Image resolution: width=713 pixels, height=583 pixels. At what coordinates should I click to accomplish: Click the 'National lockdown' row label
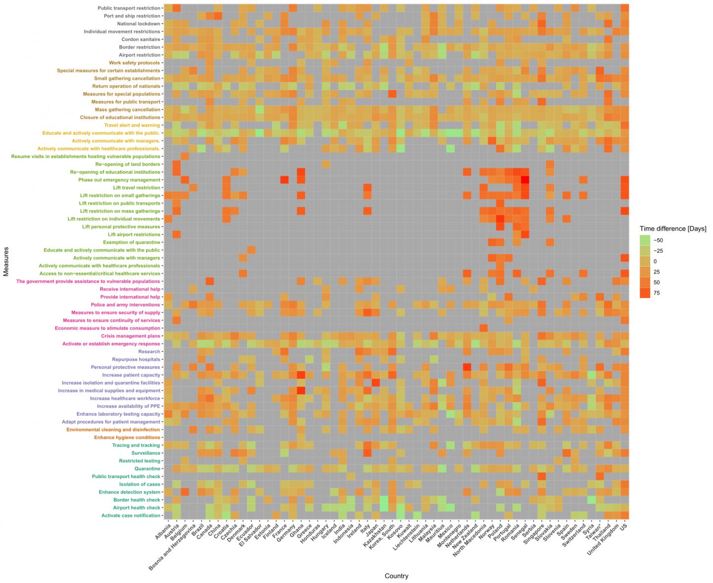click(x=138, y=24)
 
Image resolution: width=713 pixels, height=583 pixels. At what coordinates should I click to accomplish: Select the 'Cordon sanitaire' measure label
click(x=141, y=39)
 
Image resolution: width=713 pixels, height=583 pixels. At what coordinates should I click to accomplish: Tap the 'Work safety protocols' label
click(x=134, y=63)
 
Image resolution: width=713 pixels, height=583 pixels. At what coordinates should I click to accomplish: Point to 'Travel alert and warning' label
click(x=132, y=125)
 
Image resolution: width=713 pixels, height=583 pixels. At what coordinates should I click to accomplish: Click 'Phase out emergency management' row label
click(x=119, y=180)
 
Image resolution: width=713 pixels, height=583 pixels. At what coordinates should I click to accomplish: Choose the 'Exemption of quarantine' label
click(x=131, y=242)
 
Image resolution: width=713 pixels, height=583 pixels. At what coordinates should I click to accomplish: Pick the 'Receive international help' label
click(x=130, y=289)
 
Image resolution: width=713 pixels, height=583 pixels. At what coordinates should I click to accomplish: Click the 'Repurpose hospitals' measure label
click(x=136, y=359)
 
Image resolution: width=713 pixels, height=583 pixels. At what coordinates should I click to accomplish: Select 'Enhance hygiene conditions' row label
click(x=127, y=437)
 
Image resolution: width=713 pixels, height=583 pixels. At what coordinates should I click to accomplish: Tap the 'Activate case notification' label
click(x=131, y=516)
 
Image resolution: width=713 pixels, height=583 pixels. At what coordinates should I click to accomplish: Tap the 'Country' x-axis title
click(x=396, y=576)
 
